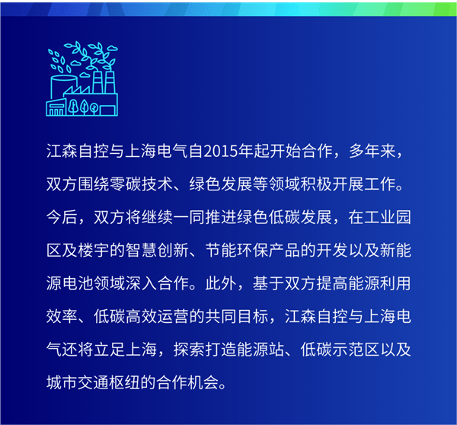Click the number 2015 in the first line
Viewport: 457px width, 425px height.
221,152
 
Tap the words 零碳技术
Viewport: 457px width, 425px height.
141,184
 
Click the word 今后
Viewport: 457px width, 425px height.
62,218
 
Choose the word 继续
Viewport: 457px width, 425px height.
157,218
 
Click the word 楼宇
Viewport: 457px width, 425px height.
94,251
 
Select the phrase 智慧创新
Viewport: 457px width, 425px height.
157,251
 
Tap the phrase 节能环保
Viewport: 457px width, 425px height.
237,251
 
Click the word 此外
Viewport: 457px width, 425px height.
221,283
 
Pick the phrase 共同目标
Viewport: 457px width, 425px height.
237,316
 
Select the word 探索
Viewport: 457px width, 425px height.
189,349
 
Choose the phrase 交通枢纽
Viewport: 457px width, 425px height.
110,382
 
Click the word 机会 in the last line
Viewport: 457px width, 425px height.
203,382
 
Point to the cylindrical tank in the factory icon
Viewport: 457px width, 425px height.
63,88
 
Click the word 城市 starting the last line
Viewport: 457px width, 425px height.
62,382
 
